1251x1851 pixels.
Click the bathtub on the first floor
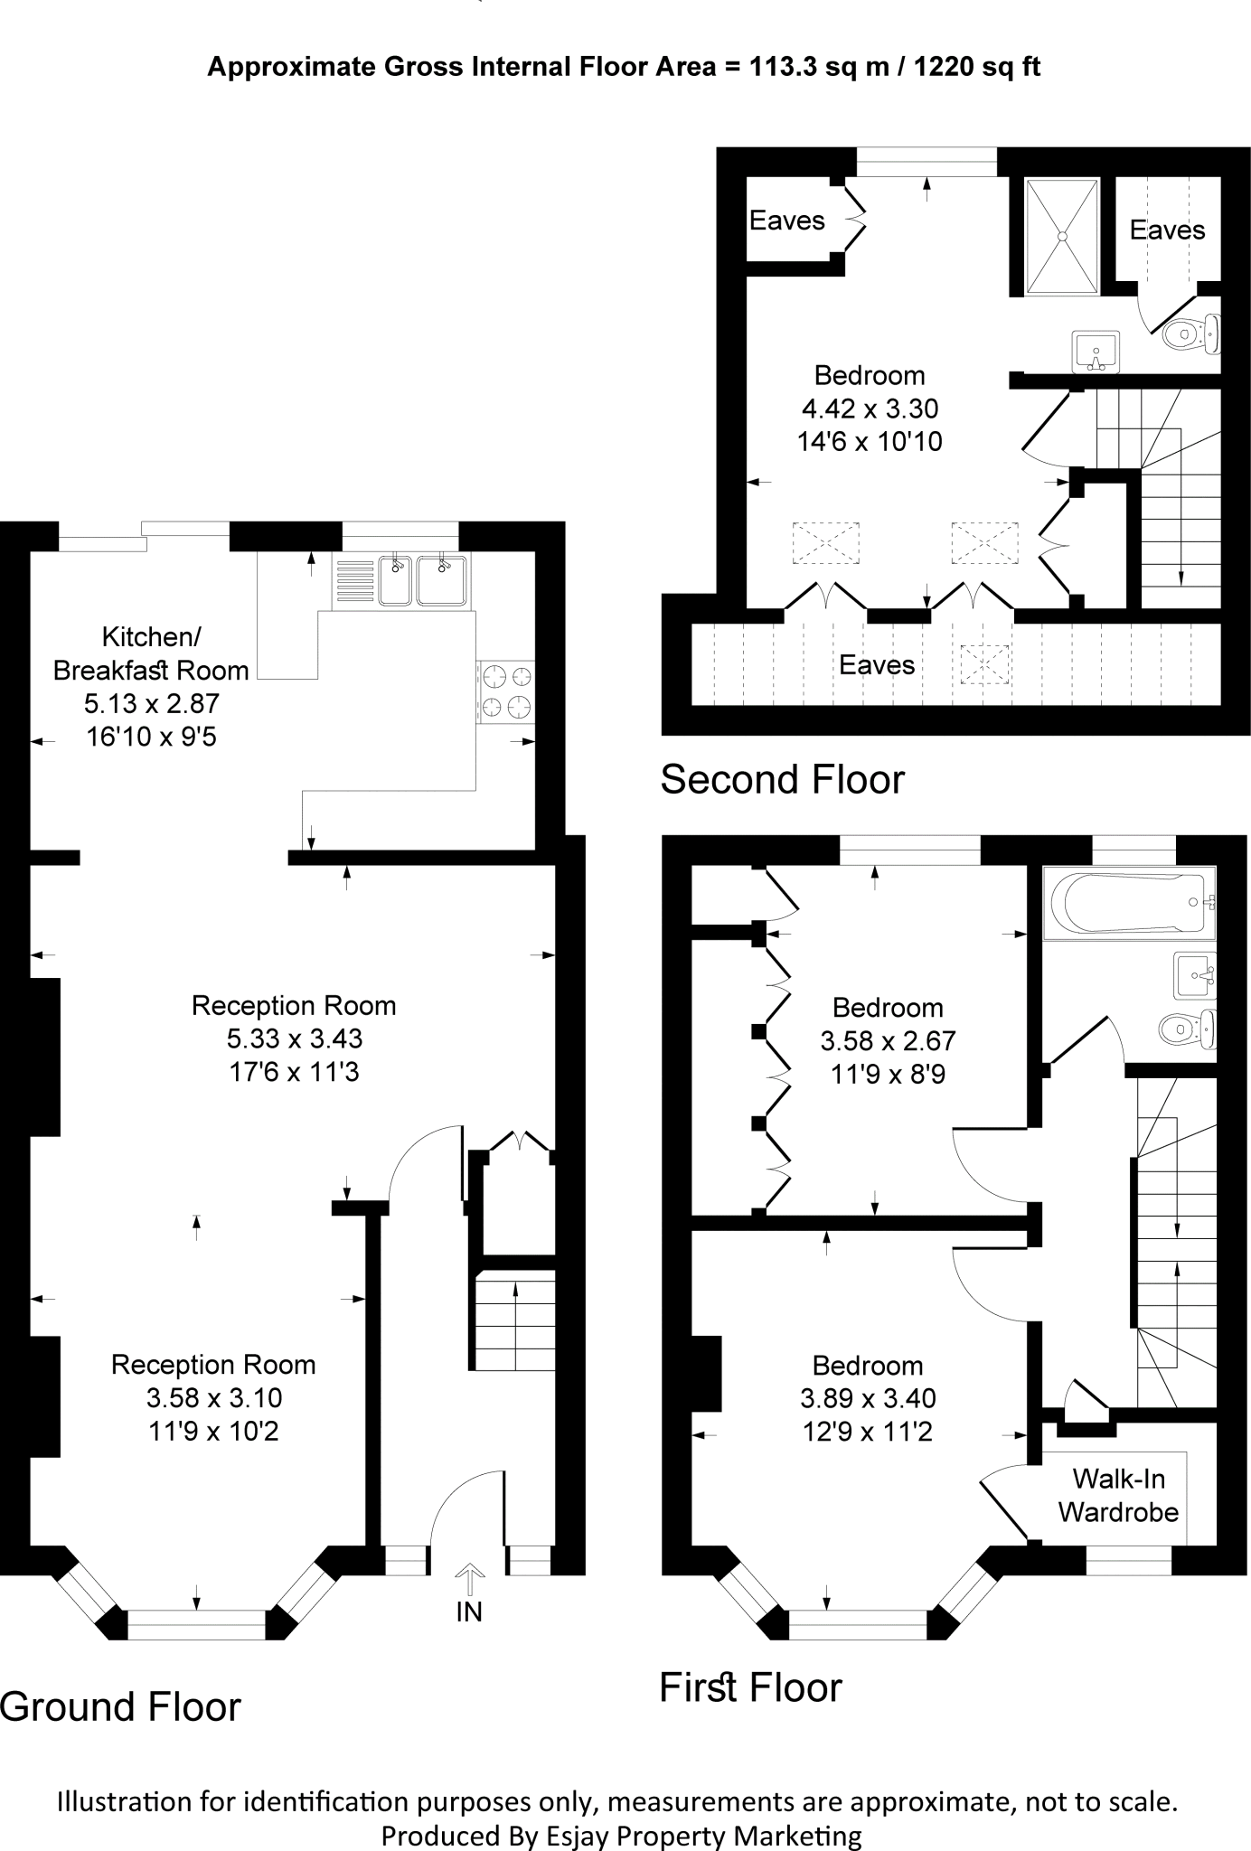[x=1127, y=903]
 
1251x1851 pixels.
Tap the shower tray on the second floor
[x=1063, y=236]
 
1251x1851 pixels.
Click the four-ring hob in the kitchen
[x=506, y=691]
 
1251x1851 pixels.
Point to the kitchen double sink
[x=422, y=580]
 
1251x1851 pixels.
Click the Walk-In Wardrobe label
[x=1118, y=1495]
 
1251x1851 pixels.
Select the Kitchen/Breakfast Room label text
[x=151, y=653]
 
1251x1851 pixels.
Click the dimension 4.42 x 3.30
[x=870, y=409]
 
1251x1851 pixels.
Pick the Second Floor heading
[x=782, y=780]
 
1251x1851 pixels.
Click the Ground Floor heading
[x=120, y=1707]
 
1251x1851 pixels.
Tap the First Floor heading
[x=750, y=1687]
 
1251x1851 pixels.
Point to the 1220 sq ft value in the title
[x=977, y=67]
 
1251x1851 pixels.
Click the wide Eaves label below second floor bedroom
[x=876, y=665]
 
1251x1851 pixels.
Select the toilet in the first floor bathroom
[x=1187, y=1028]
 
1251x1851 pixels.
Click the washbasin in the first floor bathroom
[x=1194, y=975]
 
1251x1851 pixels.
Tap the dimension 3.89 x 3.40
[x=868, y=1398]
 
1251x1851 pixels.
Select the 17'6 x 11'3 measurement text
[x=293, y=1072]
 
